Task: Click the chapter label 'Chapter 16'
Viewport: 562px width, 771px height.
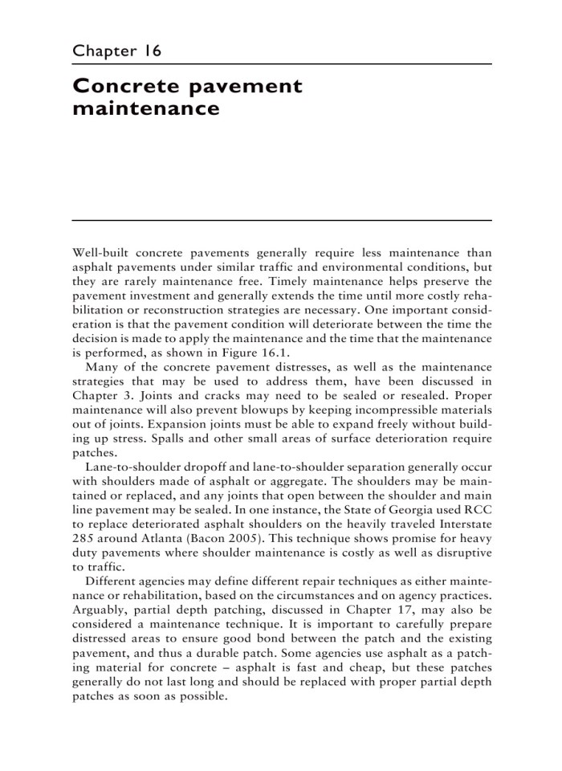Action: (117, 51)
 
